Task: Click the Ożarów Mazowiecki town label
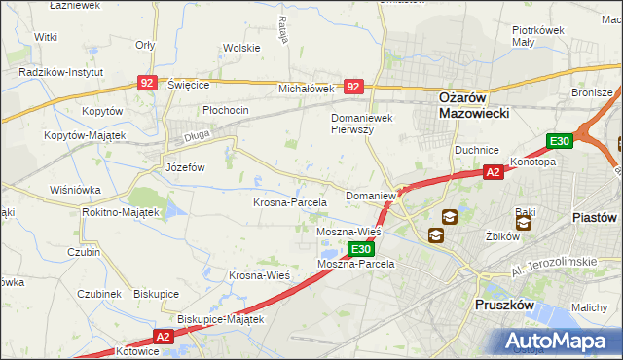pos(462,104)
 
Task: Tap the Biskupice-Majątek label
pos(221,319)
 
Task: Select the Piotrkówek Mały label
pos(539,36)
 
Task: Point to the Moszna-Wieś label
pos(348,234)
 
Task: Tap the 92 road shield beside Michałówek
pos(354,87)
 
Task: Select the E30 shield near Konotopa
pos(559,142)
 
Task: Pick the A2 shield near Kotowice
pos(162,337)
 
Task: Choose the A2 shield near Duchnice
pos(494,172)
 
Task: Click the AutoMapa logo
pos(560,341)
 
